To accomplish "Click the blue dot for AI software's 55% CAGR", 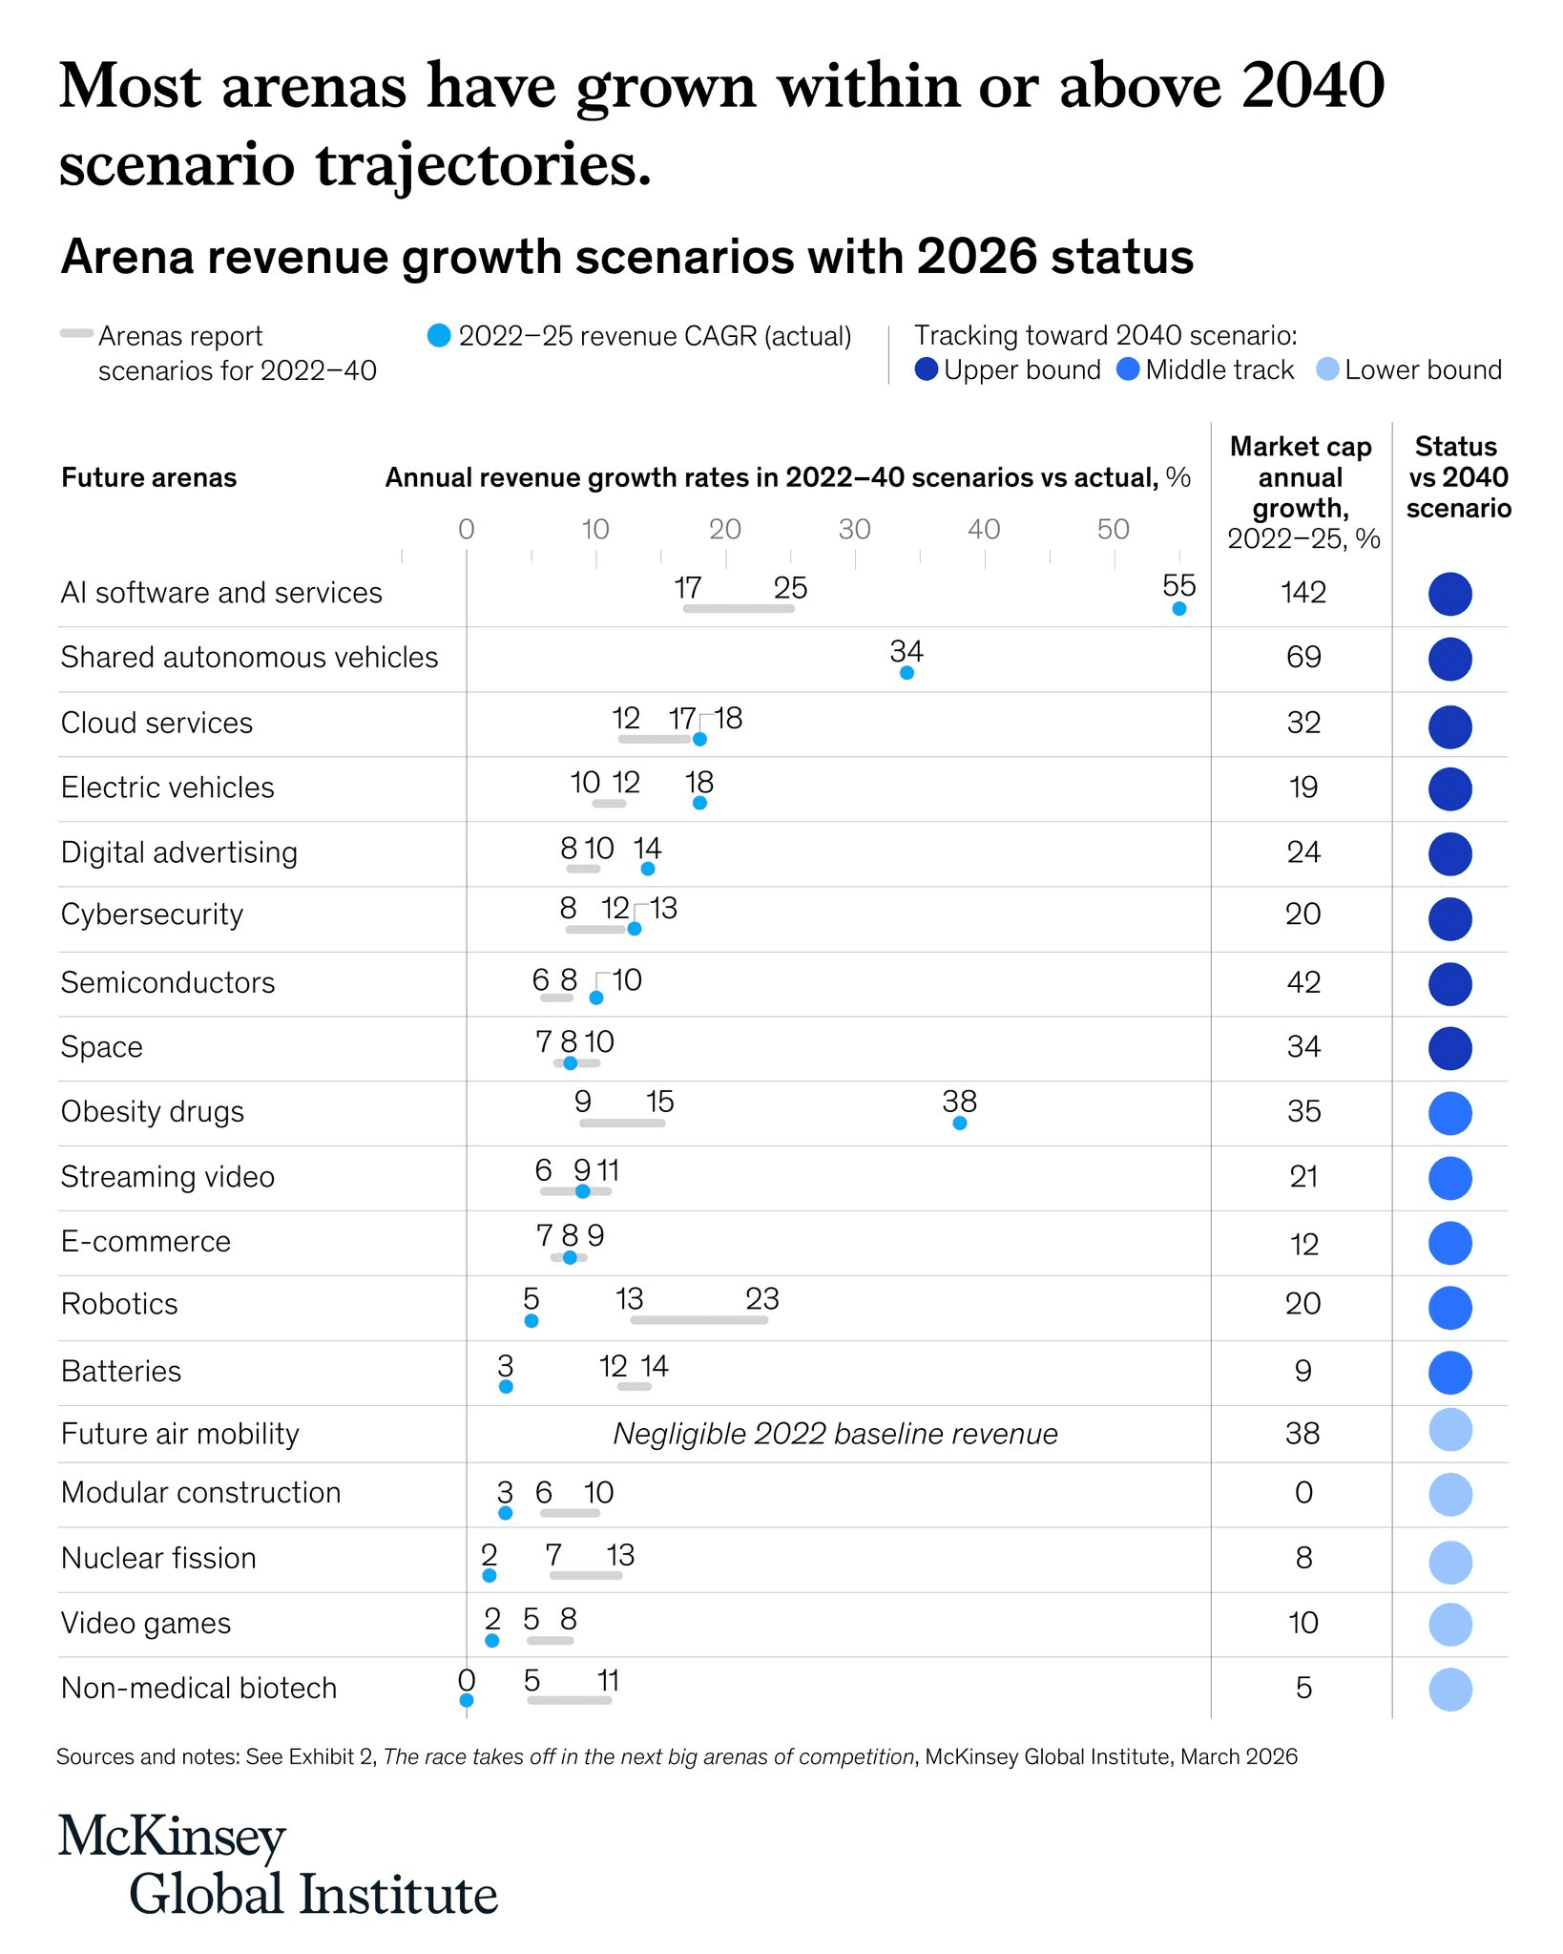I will pos(1178,609).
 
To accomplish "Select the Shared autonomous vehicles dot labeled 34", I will pos(907,673).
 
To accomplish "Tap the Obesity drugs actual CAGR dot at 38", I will pos(960,1124).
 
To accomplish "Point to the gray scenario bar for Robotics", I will pos(698,1320).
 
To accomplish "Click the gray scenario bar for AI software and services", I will pos(739,609).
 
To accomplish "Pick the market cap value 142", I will pos(1303,593).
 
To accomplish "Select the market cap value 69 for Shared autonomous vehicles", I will pos(1303,658).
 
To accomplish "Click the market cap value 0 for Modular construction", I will pos(1303,1493).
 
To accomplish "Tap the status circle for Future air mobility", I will pos(1449,1430).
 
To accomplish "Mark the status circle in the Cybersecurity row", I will pos(1449,918).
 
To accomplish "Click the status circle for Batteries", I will pos(1449,1373).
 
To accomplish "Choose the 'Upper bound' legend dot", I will pos(926,369).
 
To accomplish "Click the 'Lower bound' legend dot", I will pos(1327,369).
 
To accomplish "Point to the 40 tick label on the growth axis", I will pos(984,530).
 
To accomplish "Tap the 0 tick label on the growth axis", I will pos(466,530).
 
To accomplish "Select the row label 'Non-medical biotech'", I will pos(198,1688).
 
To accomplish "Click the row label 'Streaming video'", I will pos(168,1177).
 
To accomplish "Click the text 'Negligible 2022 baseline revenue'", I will pos(835,1434).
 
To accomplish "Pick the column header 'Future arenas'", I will pos(149,477).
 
